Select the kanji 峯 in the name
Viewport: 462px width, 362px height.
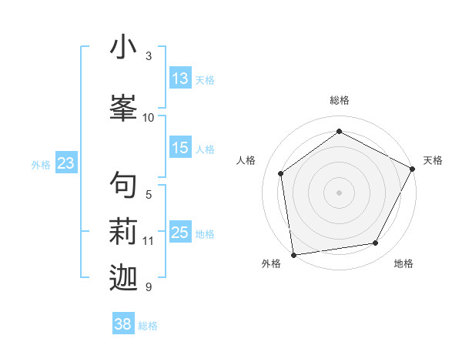click(123, 106)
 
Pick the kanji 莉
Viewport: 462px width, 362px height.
click(123, 230)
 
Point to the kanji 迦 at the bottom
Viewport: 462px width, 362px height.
click(123, 277)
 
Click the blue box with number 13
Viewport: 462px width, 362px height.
click(180, 79)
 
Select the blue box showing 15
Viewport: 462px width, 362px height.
click(180, 148)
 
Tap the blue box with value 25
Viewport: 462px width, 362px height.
click(180, 233)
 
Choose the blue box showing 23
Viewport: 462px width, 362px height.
click(65, 163)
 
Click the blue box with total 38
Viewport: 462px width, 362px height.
click(122, 324)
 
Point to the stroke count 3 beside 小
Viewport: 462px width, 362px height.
click(149, 56)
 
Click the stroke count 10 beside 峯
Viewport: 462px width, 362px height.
click(149, 117)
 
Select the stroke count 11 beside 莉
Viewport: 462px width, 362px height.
click(149, 241)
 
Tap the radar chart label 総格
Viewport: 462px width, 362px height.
click(339, 100)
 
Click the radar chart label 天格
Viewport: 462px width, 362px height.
click(433, 160)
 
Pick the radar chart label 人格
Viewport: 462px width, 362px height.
click(246, 160)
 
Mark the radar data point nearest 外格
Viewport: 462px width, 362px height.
click(293, 253)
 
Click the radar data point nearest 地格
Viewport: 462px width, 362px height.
click(376, 243)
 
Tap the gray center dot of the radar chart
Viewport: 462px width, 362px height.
click(339, 191)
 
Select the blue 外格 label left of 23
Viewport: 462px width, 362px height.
click(41, 164)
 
